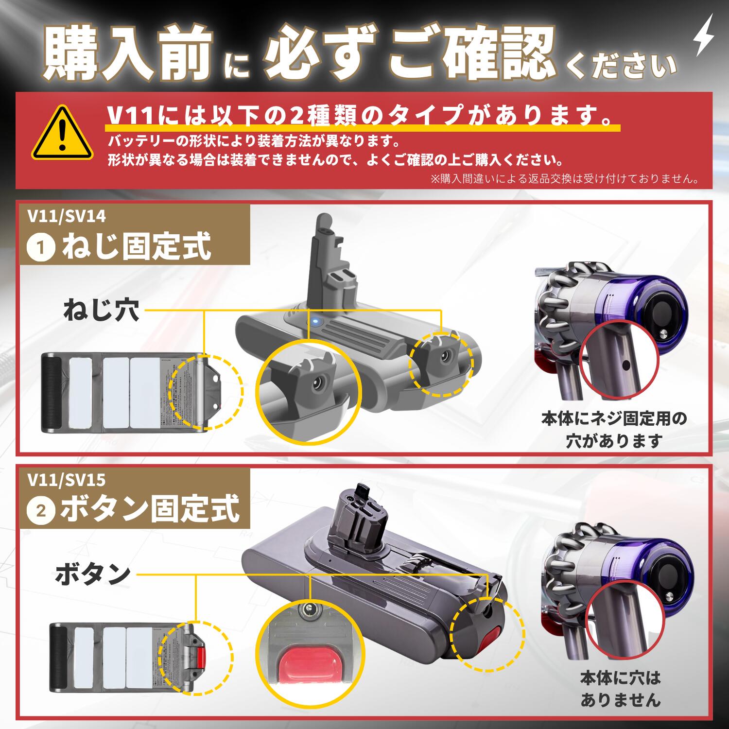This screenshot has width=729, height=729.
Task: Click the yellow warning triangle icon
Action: coord(62,134)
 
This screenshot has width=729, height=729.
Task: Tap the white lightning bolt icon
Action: coord(703,35)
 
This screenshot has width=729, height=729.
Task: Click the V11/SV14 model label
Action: coord(67,216)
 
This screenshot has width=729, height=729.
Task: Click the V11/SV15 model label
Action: coord(67,480)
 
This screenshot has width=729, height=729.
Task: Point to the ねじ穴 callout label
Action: coord(101,310)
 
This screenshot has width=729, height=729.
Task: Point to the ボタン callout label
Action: coord(92,574)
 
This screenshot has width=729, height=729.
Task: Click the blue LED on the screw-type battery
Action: coord(314,321)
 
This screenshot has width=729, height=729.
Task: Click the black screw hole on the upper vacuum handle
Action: coord(626,364)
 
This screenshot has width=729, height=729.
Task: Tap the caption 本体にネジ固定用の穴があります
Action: coord(614,429)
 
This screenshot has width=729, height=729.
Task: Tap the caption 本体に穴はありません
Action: coord(620,689)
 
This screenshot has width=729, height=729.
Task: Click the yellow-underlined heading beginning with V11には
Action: coord(360,116)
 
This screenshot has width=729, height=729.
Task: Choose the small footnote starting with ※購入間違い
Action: coord(564,179)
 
